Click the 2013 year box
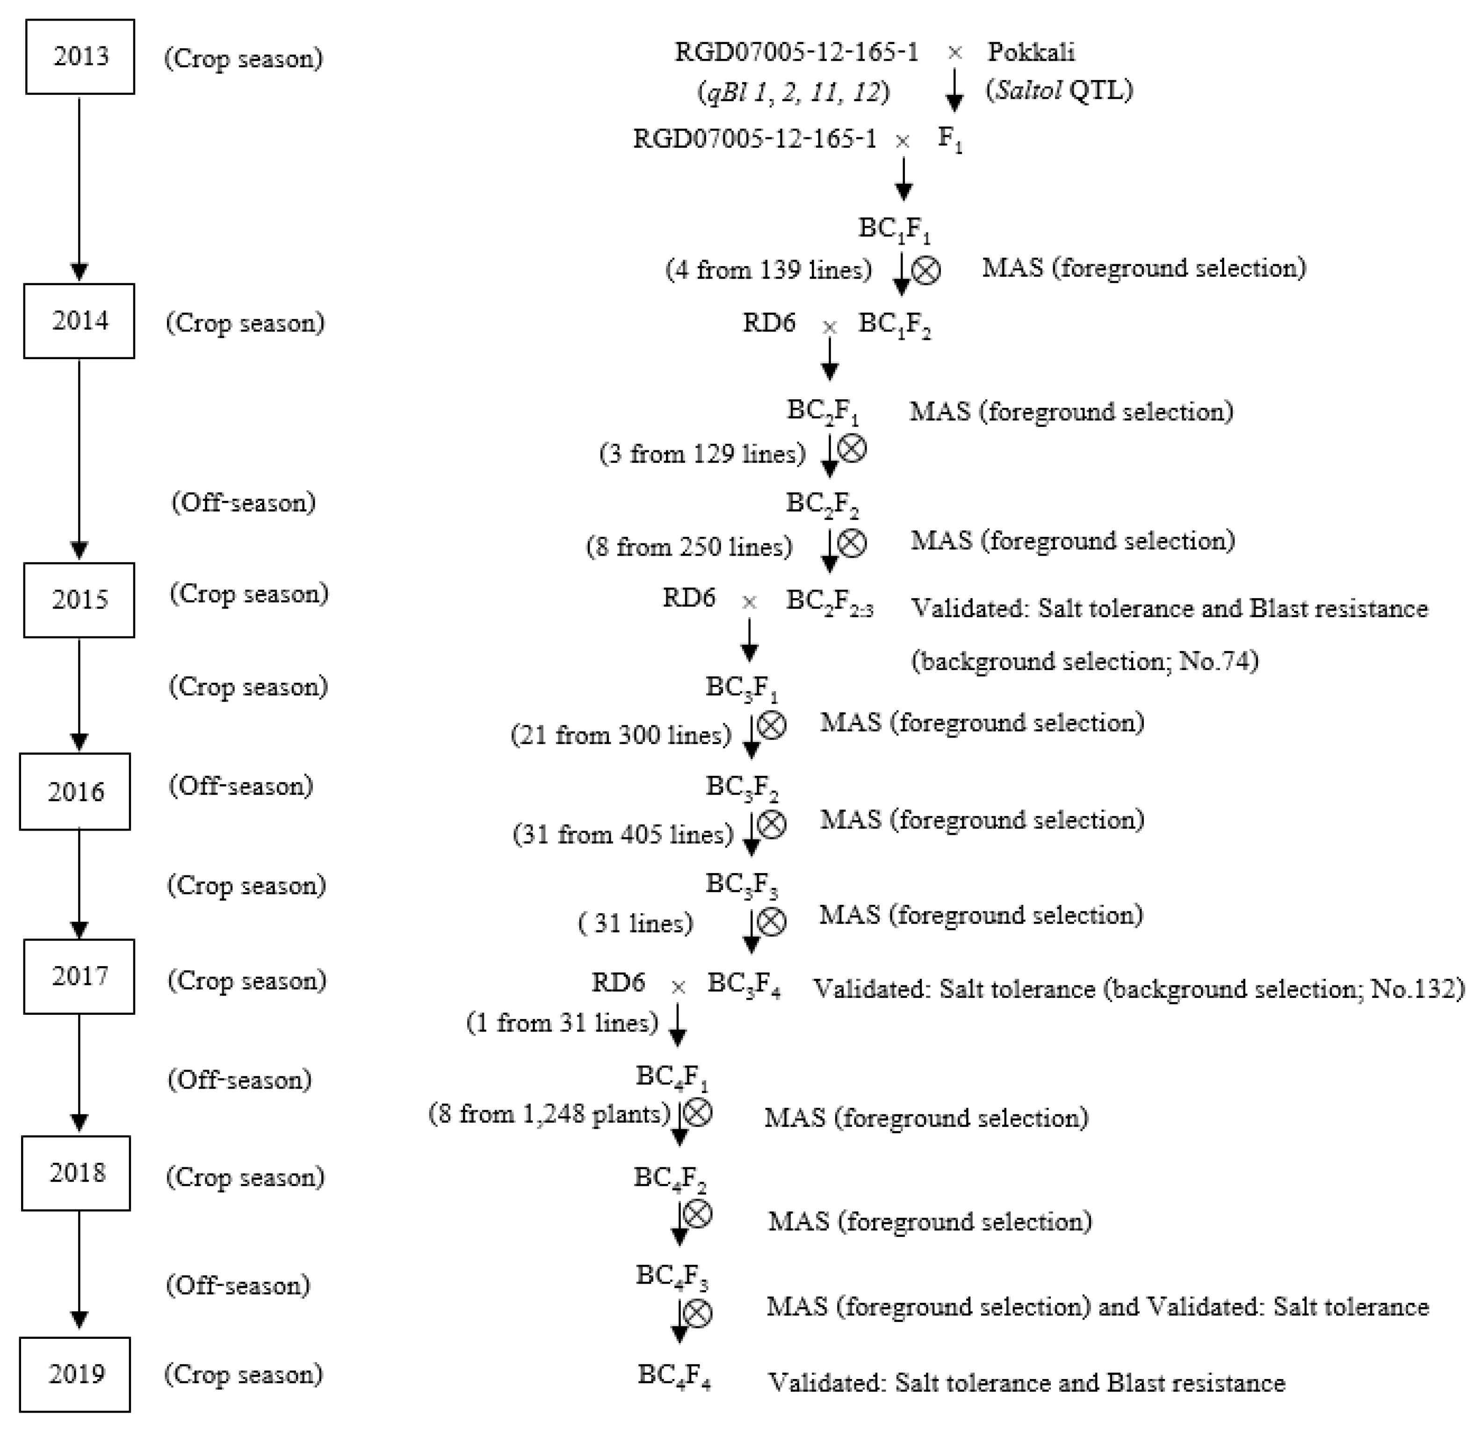tap(80, 57)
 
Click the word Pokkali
tap(1031, 52)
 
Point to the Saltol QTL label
tap(1059, 91)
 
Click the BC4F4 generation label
tap(674, 1376)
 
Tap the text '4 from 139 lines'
tap(768, 270)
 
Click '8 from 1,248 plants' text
tap(550, 1114)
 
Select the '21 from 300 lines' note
tap(621, 735)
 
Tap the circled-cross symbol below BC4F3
tap(697, 1313)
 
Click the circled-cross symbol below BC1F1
tap(926, 270)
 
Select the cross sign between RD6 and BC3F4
tap(678, 987)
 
